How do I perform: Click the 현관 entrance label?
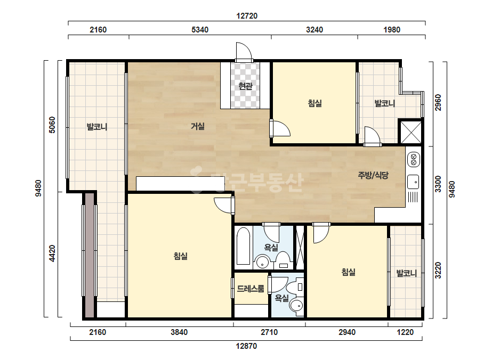click(245, 86)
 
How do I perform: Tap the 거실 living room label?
click(198, 126)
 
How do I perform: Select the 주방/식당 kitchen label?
click(373, 175)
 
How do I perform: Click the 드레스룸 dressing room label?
click(251, 289)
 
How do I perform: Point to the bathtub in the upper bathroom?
click(244, 246)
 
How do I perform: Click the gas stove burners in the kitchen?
click(413, 159)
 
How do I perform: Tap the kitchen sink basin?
click(413, 182)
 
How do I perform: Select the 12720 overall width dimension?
click(247, 15)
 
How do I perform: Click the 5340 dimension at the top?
click(200, 29)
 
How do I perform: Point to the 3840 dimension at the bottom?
click(179, 332)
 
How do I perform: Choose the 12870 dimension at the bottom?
click(246, 346)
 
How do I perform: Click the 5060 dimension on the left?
click(52, 125)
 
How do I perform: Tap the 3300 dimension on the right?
click(438, 184)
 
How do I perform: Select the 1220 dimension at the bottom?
click(405, 332)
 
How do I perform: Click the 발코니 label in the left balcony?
click(97, 127)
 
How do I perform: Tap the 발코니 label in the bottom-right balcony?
click(407, 273)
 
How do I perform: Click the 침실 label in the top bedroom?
click(314, 103)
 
